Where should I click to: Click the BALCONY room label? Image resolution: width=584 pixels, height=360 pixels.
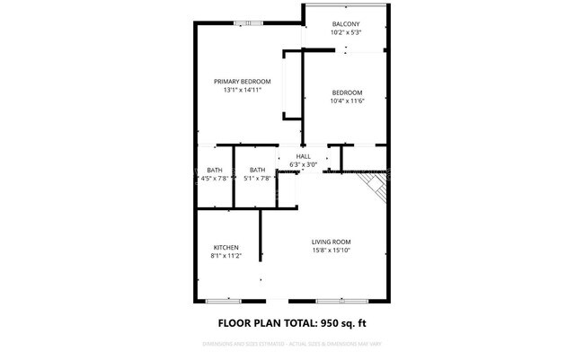coord(346,23)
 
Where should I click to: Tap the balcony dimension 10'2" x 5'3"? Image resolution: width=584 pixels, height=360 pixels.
coord(346,32)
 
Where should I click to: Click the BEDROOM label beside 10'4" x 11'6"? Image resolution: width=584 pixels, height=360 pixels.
coord(347,93)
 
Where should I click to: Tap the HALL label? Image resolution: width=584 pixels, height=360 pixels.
coord(304,156)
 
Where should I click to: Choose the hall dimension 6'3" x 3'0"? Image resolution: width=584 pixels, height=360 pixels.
coord(304,164)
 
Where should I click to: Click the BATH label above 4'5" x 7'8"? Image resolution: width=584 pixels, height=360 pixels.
coord(215,170)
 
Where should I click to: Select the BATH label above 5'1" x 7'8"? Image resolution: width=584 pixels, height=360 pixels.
coord(258,170)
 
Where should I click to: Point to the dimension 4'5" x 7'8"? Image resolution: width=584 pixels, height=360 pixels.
coord(215,179)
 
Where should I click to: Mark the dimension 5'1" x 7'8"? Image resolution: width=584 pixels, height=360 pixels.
coord(258,179)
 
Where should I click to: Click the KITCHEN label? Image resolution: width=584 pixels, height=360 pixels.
coord(226,248)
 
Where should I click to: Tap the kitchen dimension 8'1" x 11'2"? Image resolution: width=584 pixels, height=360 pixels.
coord(226,257)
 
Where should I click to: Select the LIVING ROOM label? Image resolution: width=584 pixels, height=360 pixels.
coord(331,241)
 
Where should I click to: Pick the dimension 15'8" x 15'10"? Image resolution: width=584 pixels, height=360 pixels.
coord(331,250)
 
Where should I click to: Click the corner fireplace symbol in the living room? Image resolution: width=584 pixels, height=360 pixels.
coord(376,187)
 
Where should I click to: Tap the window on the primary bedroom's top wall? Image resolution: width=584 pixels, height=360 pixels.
coord(242,23)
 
